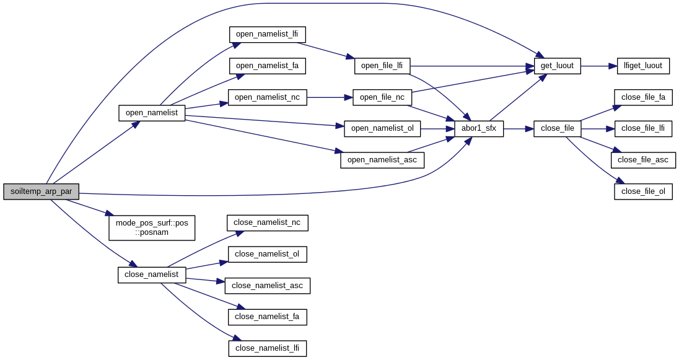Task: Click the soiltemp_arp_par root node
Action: (x=41, y=191)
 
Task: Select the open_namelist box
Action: (x=152, y=113)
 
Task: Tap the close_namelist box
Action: (x=152, y=274)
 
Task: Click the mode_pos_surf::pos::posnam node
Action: (x=152, y=227)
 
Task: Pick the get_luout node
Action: (x=557, y=66)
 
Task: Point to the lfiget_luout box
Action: (x=643, y=66)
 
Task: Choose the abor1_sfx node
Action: (x=479, y=129)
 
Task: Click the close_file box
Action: (x=557, y=129)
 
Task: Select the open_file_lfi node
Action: (x=382, y=66)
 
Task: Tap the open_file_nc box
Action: (x=382, y=97)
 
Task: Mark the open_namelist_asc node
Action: (x=382, y=160)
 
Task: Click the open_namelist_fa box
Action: (x=267, y=66)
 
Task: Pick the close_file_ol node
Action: (x=643, y=191)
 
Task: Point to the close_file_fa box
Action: (x=643, y=97)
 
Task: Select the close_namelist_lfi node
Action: (x=267, y=348)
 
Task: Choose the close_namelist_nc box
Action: (x=267, y=222)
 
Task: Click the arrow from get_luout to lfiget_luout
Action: (x=598, y=66)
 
